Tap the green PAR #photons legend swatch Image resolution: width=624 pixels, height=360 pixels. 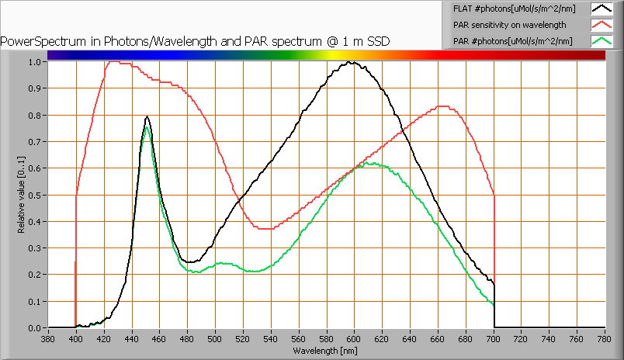click(x=601, y=40)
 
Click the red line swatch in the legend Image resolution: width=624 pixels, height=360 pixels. click(x=601, y=25)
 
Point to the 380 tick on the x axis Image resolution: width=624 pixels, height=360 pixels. click(x=48, y=338)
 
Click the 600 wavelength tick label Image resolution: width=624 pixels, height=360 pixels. click(x=355, y=338)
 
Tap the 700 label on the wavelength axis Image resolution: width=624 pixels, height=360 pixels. click(x=494, y=338)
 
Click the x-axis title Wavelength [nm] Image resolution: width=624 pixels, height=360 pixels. click(x=326, y=351)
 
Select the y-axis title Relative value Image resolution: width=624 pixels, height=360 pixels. click(x=22, y=195)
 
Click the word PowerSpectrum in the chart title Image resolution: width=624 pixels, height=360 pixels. click(x=35, y=41)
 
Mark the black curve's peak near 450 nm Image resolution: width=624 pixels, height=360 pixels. click(x=147, y=117)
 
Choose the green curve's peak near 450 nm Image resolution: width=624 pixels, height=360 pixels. click(x=146, y=127)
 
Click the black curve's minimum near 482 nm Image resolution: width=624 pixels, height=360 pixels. click(x=189, y=262)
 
